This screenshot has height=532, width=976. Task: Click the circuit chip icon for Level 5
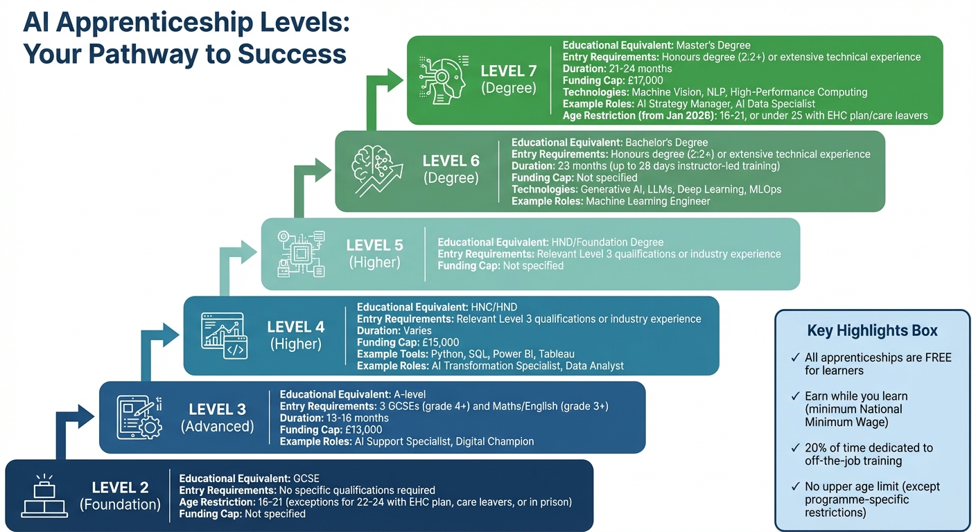(301, 254)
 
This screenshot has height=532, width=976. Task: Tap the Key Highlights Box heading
(872, 330)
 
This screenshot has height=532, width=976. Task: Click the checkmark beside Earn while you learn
(794, 396)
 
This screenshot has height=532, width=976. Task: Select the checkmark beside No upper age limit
(794, 486)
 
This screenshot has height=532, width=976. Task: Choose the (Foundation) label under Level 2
(120, 504)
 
